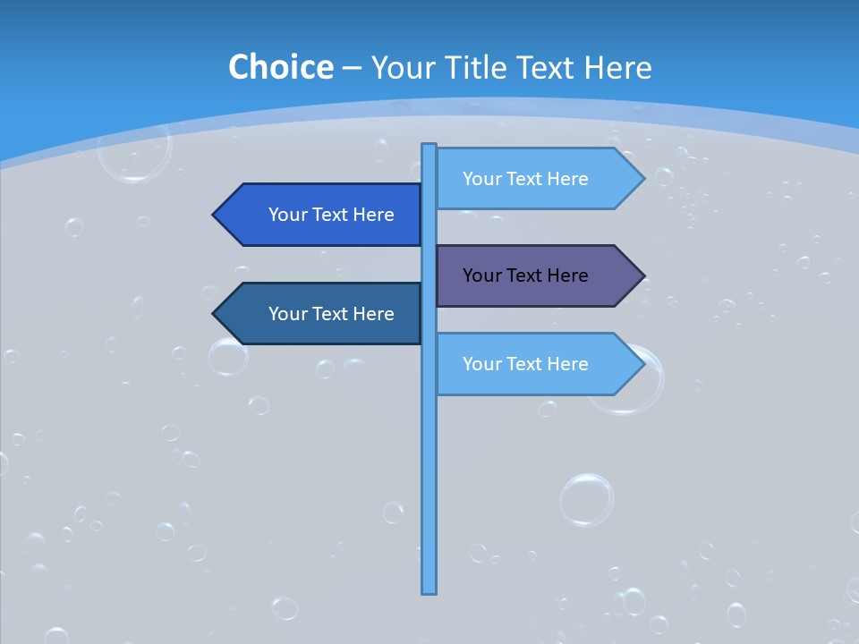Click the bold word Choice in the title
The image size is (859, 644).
click(x=280, y=67)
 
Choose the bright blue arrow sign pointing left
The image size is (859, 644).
click(x=322, y=215)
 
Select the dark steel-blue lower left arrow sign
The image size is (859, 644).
click(x=322, y=314)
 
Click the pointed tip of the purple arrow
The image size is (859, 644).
click(x=642, y=275)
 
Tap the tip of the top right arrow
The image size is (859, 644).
click(x=642, y=179)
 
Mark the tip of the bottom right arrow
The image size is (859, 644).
click(x=642, y=364)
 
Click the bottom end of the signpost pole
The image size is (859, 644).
click(x=429, y=590)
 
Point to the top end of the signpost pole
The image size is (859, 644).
click(x=429, y=146)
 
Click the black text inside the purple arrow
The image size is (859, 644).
click(x=525, y=275)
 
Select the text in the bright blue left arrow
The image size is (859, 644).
click(x=331, y=215)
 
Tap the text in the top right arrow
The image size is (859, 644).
click(x=525, y=179)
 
